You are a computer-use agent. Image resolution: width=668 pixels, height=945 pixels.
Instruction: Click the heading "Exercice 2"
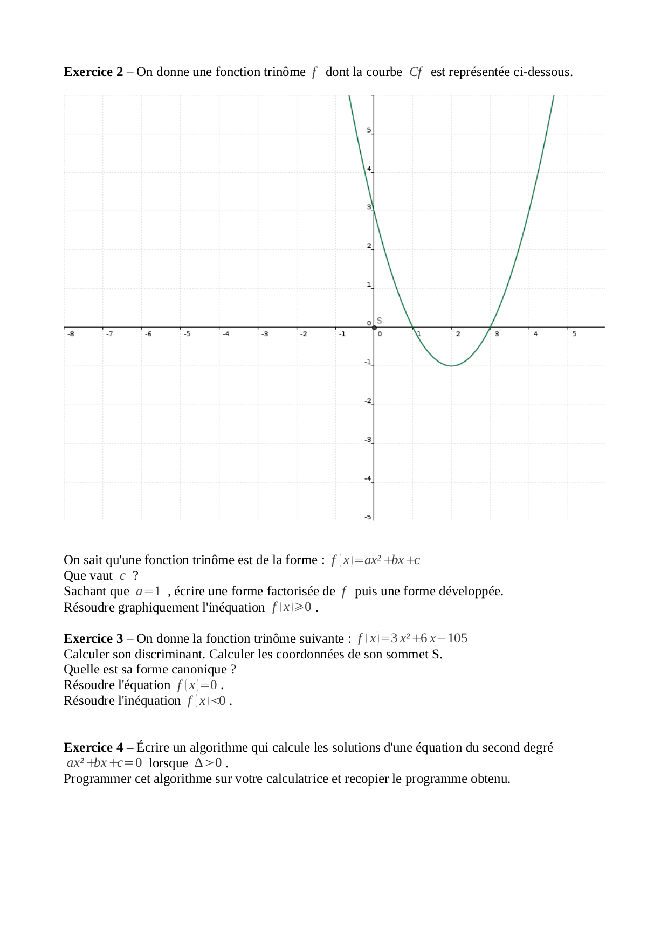(93, 72)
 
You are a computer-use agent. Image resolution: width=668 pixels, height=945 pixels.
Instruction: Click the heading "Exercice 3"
(93, 638)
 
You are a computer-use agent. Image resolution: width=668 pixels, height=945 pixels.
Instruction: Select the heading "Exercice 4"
(93, 747)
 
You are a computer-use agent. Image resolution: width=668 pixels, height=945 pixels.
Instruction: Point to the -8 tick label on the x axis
(71, 334)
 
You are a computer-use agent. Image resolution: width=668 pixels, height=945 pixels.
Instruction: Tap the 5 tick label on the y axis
(369, 130)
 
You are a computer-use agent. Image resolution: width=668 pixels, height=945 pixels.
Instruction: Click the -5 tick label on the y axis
(368, 517)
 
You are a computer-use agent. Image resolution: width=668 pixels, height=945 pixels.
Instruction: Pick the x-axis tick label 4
(535, 334)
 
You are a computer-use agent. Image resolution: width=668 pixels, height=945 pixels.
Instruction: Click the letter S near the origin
(380, 321)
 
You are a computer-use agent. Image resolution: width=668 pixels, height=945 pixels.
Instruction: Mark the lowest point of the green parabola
(452, 366)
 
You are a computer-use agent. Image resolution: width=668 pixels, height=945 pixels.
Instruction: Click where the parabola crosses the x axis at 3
(491, 327)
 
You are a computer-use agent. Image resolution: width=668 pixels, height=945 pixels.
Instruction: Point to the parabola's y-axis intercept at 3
(374, 211)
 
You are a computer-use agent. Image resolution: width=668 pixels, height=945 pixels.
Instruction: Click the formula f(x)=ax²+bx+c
(375, 560)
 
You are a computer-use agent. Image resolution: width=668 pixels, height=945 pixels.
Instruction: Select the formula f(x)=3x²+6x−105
(412, 638)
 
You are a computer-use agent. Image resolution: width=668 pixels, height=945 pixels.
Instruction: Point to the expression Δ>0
(208, 763)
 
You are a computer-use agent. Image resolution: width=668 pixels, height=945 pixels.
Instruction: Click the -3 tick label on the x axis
(265, 334)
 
